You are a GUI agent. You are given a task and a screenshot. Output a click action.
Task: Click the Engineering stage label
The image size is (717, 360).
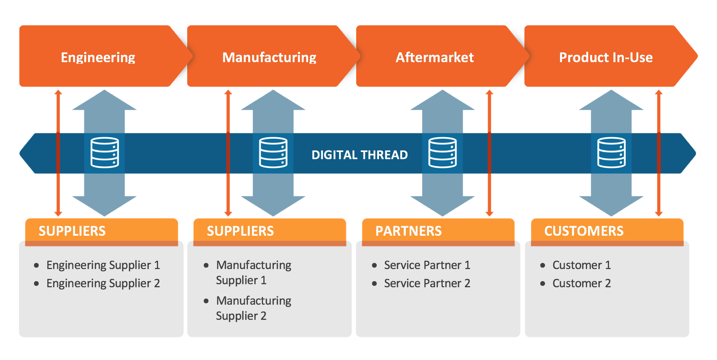click(98, 57)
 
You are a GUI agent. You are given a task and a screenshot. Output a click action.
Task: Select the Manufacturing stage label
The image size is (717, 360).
click(269, 57)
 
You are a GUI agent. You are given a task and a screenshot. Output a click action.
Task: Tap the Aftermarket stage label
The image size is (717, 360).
click(434, 57)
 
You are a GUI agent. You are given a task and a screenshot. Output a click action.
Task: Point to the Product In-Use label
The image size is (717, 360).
click(606, 57)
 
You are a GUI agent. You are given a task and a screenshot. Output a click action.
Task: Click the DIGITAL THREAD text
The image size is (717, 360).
click(359, 155)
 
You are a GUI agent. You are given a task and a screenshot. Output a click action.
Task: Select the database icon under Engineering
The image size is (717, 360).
click(105, 152)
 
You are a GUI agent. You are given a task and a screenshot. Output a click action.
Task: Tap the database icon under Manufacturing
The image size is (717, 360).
click(273, 152)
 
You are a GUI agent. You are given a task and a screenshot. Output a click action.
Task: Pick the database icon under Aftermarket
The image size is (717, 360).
click(442, 152)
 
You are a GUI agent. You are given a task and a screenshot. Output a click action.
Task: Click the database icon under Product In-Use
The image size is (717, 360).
click(611, 152)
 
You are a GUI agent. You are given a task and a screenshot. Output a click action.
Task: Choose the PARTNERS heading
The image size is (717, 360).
click(408, 231)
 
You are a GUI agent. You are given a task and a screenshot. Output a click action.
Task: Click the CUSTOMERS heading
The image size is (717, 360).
click(584, 231)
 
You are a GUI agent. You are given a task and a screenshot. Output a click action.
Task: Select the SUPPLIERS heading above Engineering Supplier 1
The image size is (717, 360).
click(72, 231)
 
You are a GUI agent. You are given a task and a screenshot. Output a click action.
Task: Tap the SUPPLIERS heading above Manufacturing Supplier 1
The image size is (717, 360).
click(240, 231)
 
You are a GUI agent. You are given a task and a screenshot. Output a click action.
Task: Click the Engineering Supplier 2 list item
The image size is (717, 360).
click(103, 283)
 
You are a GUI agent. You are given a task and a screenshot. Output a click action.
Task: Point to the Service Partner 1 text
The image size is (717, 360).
click(427, 265)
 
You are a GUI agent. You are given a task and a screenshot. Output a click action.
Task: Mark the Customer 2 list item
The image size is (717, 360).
click(581, 283)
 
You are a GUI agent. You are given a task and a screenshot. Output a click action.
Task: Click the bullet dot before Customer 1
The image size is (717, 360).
click(543, 265)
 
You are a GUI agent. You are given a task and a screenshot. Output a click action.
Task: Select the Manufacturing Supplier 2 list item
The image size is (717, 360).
click(253, 308)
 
